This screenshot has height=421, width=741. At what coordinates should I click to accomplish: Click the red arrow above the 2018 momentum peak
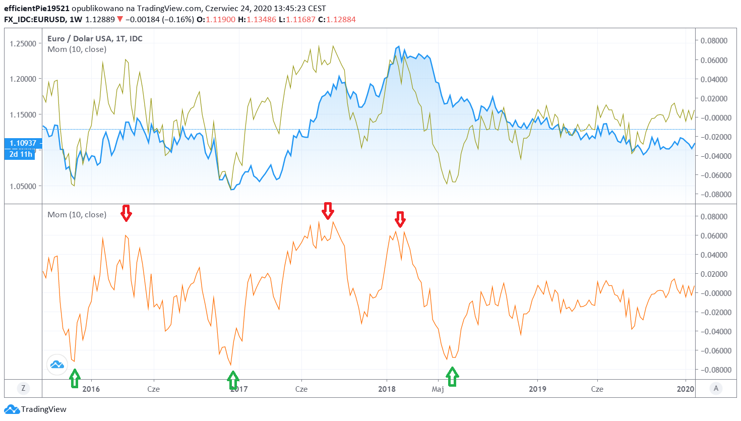point(400,219)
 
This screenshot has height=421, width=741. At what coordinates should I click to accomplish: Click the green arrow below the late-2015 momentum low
point(75,378)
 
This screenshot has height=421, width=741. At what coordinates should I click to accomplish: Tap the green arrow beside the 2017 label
point(233,380)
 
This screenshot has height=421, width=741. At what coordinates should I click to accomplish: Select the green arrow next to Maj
point(452,377)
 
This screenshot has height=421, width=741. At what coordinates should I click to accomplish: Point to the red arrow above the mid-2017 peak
point(328,211)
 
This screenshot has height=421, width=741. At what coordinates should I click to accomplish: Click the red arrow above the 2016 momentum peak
point(126,213)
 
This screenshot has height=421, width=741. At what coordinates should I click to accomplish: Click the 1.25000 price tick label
point(23,43)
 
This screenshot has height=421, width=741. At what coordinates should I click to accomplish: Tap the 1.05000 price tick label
point(23,186)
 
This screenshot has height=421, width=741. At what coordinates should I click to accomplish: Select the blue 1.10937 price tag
point(23,143)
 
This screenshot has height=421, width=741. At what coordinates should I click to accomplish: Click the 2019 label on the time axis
point(537,389)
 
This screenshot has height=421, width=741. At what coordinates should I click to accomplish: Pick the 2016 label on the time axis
point(91,389)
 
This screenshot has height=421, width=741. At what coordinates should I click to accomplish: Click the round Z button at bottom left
point(23,388)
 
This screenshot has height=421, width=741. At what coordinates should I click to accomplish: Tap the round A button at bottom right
point(716,388)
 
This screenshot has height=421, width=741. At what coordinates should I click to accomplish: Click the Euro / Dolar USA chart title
point(95,38)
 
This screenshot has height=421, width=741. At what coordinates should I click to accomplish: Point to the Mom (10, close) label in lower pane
point(77,214)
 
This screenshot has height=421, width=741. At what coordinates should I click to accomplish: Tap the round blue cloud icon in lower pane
point(57,364)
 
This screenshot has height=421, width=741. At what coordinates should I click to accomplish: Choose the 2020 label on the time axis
point(686,389)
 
